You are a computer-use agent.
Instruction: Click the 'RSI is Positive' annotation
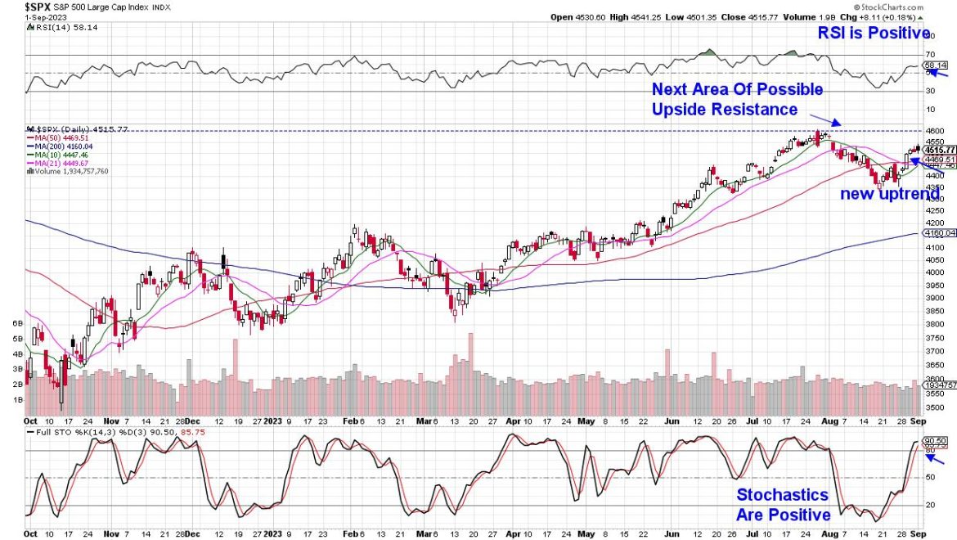(x=874, y=34)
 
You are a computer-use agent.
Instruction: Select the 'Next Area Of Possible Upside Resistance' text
(x=737, y=99)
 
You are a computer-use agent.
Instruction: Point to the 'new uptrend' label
(x=890, y=196)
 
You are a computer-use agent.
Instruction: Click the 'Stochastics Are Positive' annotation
(x=783, y=505)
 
